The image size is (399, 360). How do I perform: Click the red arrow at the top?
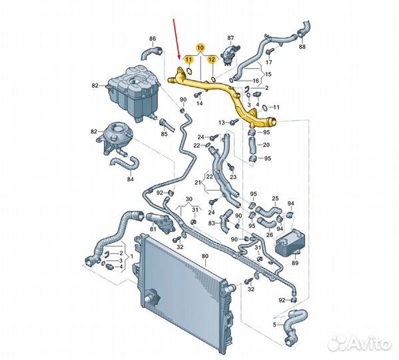(x=177, y=39)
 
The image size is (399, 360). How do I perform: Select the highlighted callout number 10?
(x=200, y=47)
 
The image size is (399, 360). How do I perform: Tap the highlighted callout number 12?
(x=211, y=59)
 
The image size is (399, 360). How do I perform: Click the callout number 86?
(x=153, y=39)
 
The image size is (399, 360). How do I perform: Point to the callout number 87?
(x=230, y=38)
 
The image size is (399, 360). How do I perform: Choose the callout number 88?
(x=302, y=47)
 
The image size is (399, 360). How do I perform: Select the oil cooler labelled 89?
(x=289, y=242)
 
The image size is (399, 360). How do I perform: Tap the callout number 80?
(x=205, y=256)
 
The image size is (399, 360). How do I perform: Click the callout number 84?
(x=130, y=179)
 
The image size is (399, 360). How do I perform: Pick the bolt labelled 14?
(x=198, y=95)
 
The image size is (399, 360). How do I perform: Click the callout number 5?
(x=274, y=325)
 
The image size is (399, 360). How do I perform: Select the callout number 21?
(x=198, y=182)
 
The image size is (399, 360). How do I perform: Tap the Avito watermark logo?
(x=359, y=344)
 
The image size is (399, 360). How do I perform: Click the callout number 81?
(x=153, y=229)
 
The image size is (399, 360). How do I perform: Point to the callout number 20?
(x=266, y=145)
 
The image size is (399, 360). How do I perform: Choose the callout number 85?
(x=164, y=133)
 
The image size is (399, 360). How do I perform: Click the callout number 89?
(x=295, y=263)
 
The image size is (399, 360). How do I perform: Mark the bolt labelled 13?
(x=234, y=123)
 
